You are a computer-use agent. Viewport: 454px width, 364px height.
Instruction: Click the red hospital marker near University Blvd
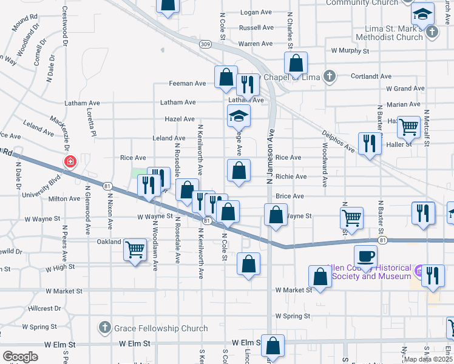coord(70,162)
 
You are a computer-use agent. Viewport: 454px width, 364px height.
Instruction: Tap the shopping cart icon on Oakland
coord(135,249)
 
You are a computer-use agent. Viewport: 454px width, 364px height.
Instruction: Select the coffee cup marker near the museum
coord(365,255)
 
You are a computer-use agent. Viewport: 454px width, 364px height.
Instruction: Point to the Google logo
coord(19,357)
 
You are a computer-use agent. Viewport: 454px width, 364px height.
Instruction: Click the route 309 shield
coord(206,44)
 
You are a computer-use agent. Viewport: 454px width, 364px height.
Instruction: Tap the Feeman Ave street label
coord(188,83)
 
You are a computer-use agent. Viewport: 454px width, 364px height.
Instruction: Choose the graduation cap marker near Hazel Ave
coord(239,115)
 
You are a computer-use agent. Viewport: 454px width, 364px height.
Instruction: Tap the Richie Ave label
coord(291,177)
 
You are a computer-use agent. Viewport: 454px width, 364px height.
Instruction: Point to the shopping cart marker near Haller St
coord(408,127)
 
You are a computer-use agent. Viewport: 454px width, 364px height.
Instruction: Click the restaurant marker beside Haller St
coord(369,143)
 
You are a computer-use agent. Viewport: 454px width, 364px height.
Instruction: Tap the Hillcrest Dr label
coord(44,308)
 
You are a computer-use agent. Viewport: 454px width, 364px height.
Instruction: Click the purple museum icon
coord(419,269)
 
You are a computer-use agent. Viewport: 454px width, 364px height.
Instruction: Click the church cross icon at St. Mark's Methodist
coord(432,31)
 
